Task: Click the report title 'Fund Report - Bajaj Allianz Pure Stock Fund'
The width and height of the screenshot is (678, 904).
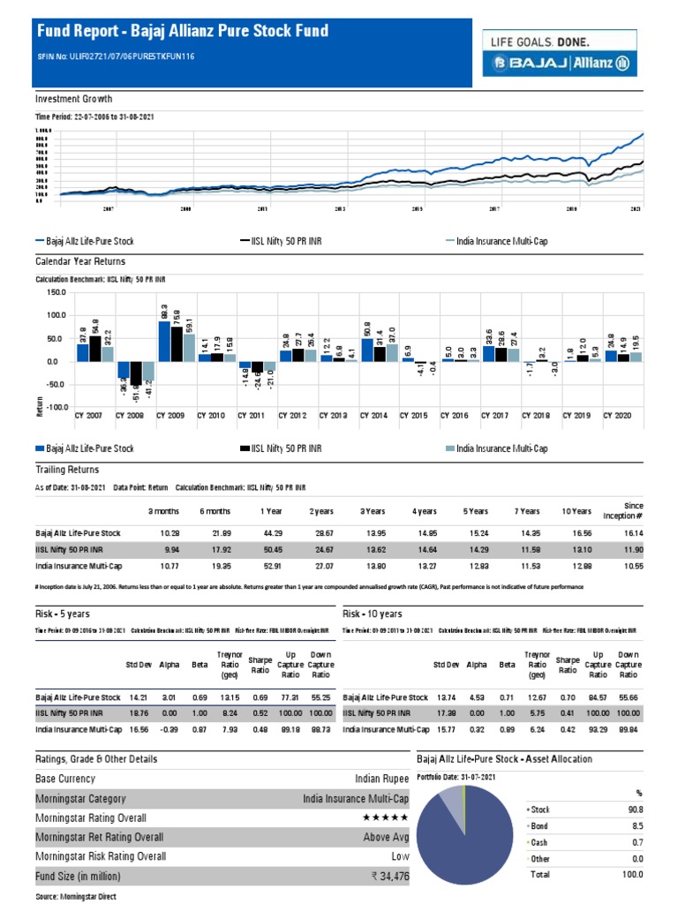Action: click(182, 32)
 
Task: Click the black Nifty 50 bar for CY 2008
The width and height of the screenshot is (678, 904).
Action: click(136, 383)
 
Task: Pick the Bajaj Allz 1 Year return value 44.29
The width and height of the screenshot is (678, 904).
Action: click(270, 533)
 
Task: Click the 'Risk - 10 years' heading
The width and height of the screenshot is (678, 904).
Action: click(373, 614)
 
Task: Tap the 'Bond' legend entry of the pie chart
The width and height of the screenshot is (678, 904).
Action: click(538, 825)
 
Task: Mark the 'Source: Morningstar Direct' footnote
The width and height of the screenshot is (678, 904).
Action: click(75, 896)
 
